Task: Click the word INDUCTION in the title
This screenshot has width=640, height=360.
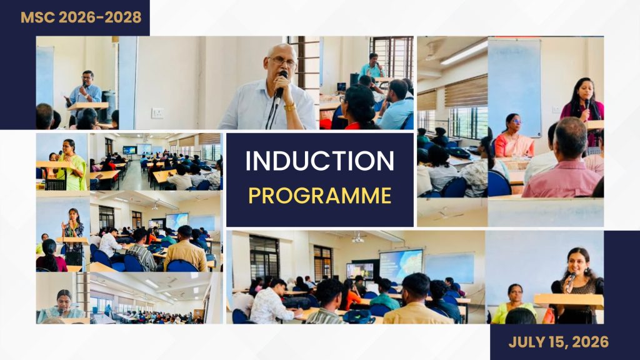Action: [319, 161]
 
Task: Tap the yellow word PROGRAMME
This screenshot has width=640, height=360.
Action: [320, 196]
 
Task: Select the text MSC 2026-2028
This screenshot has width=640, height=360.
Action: [81, 17]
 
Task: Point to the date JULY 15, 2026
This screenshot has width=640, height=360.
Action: [558, 342]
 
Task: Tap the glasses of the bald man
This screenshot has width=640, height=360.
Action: [282, 62]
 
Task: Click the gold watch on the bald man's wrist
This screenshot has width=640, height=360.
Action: [289, 107]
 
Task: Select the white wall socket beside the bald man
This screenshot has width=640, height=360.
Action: [157, 113]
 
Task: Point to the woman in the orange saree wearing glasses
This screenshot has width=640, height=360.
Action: [513, 137]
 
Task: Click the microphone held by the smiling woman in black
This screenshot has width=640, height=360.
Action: [571, 282]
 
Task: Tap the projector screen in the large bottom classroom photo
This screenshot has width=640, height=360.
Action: [401, 265]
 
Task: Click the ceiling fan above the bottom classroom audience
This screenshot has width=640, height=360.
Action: [357, 238]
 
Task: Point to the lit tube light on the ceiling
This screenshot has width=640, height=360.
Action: [464, 52]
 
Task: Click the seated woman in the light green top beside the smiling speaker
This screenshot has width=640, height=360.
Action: [512, 304]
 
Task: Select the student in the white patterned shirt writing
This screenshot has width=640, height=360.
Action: [271, 302]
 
